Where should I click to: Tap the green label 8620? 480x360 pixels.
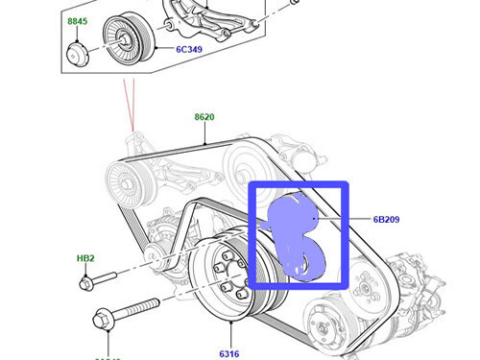(204, 117)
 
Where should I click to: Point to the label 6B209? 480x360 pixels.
(387, 220)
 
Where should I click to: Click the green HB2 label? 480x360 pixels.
(85, 259)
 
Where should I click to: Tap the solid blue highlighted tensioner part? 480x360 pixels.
(297, 235)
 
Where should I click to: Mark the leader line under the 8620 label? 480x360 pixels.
(204, 132)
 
